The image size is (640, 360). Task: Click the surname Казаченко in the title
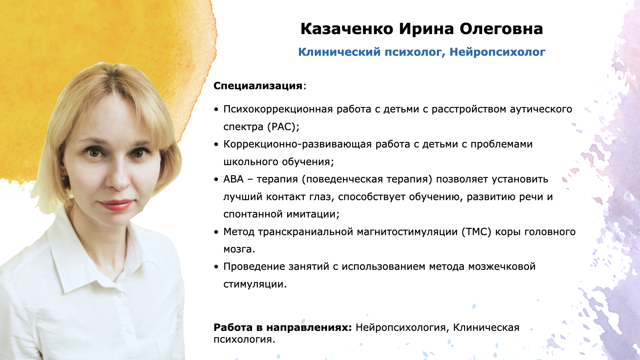click(347, 29)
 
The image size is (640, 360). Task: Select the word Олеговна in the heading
click(501, 29)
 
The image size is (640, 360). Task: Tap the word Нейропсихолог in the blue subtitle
click(498, 52)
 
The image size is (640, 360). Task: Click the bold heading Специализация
click(258, 86)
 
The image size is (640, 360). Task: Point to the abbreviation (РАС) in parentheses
click(283, 127)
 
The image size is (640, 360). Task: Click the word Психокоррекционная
click(278, 110)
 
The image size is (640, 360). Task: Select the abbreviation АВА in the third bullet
click(234, 179)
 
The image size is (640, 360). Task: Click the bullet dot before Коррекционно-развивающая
click(216, 145)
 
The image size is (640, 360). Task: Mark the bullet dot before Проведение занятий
click(216, 267)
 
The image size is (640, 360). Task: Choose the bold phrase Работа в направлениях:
click(283, 327)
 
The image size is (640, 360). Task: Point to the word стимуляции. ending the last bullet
click(255, 284)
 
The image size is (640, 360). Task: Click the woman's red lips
click(116, 205)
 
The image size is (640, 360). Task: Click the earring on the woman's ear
click(63, 178)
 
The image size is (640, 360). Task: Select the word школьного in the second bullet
click(251, 162)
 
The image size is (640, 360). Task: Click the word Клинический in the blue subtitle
click(340, 52)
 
